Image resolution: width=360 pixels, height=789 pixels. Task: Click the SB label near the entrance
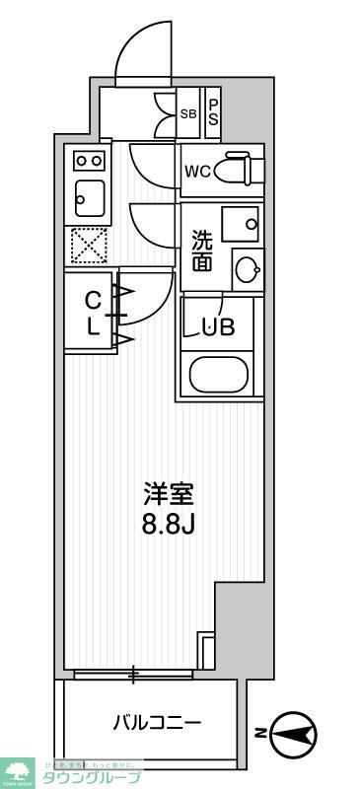pyautogui.click(x=188, y=113)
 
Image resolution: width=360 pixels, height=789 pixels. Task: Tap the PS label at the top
pyautogui.click(x=212, y=106)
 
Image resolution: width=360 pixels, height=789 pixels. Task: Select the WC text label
pyautogui.click(x=197, y=170)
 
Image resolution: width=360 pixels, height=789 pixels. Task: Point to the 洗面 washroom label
pyautogui.click(x=202, y=250)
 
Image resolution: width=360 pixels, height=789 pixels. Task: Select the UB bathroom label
pyautogui.click(x=218, y=328)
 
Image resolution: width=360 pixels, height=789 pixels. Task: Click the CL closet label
pyautogui.click(x=92, y=314)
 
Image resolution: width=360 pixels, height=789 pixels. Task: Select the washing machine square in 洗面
pyautogui.click(x=240, y=224)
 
